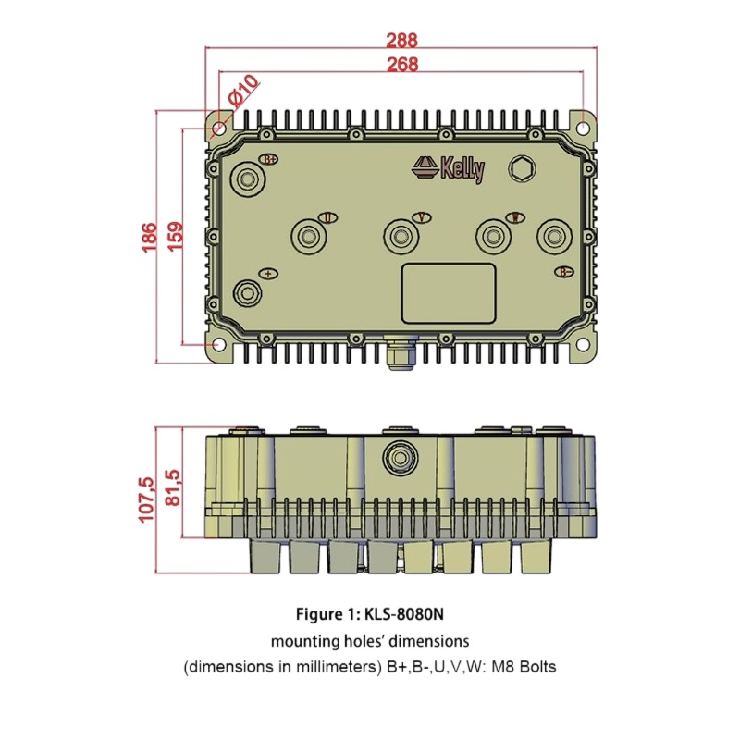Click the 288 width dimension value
[x=401, y=40]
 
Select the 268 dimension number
[x=402, y=64]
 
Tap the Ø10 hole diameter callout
[x=243, y=90]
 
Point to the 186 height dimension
[x=149, y=238]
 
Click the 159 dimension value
[x=175, y=237]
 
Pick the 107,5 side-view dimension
[x=146, y=499]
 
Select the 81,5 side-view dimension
[x=173, y=487]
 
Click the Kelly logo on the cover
[x=449, y=168]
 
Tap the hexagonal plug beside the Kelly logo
[x=522, y=168]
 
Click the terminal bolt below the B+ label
[x=248, y=179]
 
